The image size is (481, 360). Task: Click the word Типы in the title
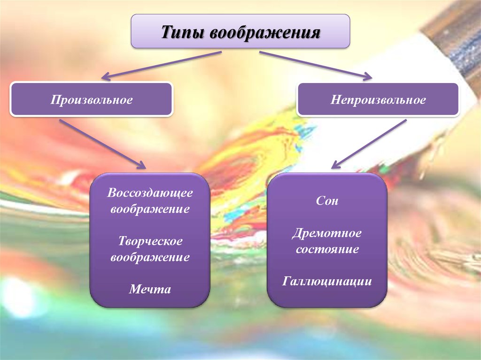[x=182, y=32]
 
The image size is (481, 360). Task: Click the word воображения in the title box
[x=265, y=32]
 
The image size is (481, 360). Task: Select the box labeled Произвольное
[x=92, y=99]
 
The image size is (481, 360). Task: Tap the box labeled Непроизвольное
[x=378, y=100]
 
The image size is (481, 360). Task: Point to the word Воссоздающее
[x=150, y=193]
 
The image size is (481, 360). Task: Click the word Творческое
[x=150, y=241]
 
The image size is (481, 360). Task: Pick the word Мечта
[x=150, y=289]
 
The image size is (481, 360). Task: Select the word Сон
[x=327, y=200]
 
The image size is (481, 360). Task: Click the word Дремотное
[x=327, y=233]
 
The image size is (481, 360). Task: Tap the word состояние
[x=327, y=249]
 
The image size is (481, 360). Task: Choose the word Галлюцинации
[x=327, y=281]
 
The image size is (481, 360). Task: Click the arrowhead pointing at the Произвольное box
[x=106, y=76]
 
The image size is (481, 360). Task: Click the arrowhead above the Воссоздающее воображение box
[x=141, y=164]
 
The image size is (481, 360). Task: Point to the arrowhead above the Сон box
[x=336, y=164]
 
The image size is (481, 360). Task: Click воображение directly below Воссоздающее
[x=150, y=209]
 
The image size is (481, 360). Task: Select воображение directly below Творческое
[x=150, y=257]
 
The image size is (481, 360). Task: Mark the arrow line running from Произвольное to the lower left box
[x=102, y=144]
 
